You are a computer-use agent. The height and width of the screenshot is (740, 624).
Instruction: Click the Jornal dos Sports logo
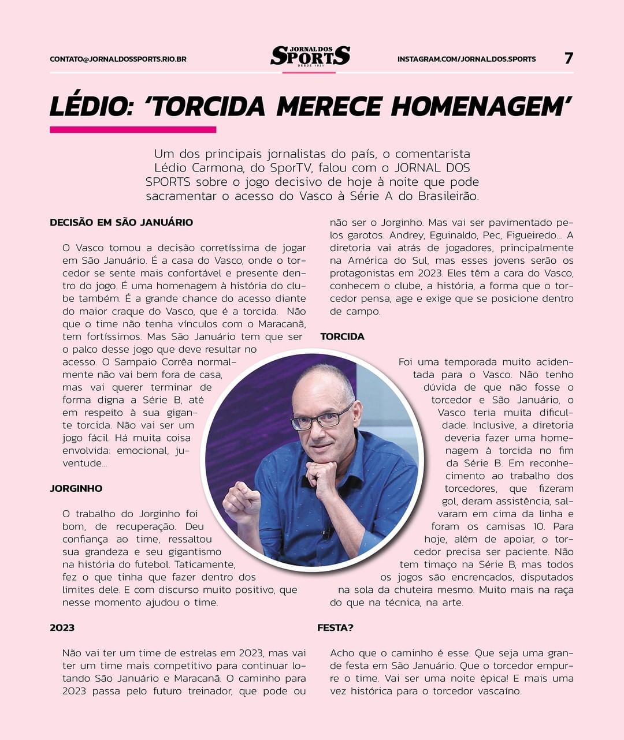coord(310,57)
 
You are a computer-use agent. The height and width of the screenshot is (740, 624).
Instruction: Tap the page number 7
coord(569,58)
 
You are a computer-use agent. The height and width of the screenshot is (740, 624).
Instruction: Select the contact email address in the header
coord(118,59)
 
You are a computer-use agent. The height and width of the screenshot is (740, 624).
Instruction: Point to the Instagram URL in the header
coord(466,59)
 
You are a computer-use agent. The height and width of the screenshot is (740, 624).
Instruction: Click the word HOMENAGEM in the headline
coord(481,107)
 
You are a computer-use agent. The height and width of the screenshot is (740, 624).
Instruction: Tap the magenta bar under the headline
coord(133,130)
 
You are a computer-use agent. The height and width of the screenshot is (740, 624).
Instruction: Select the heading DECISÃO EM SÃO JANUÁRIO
coord(121,222)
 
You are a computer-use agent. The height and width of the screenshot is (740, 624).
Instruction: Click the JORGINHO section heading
coord(76,488)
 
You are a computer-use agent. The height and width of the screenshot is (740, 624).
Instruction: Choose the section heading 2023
coord(62,628)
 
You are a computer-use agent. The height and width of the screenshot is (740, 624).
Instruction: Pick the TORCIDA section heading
coord(342,337)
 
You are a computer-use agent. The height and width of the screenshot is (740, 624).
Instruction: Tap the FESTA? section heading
coord(335,628)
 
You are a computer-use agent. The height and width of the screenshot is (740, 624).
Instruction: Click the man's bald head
coord(321,381)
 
